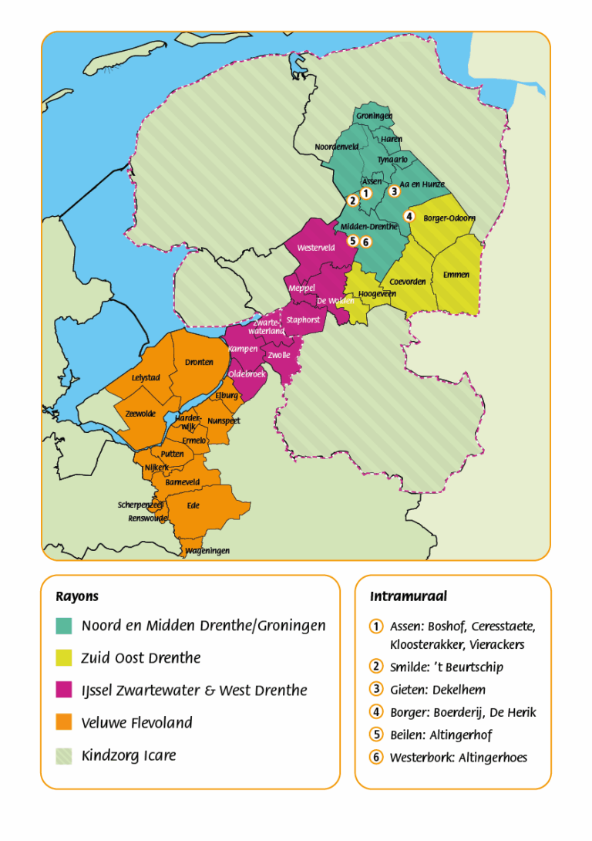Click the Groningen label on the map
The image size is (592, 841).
pyautogui.click(x=374, y=116)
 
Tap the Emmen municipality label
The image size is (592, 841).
pyautogui.click(x=456, y=275)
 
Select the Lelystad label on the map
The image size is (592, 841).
pyautogui.click(x=145, y=378)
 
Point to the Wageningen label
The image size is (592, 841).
pyautogui.click(x=207, y=551)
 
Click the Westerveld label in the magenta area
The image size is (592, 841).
pyautogui.click(x=316, y=248)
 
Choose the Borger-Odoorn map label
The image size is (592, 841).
pyautogui.click(x=449, y=218)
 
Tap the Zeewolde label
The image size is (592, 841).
pyautogui.click(x=140, y=414)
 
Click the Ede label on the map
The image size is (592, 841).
pyautogui.click(x=193, y=506)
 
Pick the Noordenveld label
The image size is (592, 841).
pyautogui.click(x=337, y=147)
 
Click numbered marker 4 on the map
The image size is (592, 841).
pyautogui.click(x=410, y=216)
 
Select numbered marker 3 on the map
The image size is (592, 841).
pyautogui.click(x=394, y=191)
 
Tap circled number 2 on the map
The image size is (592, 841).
pyautogui.click(x=352, y=201)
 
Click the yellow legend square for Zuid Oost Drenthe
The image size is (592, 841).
pyautogui.click(x=64, y=658)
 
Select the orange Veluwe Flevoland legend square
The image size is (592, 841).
pyautogui.click(x=64, y=723)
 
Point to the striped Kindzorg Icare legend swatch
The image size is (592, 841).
pyautogui.click(x=64, y=755)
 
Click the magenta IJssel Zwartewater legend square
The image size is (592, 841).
pyautogui.click(x=64, y=691)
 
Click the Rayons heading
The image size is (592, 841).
pyautogui.click(x=77, y=596)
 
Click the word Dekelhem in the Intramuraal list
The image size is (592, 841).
pyautogui.click(x=459, y=690)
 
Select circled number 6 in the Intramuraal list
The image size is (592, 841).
pyautogui.click(x=376, y=758)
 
